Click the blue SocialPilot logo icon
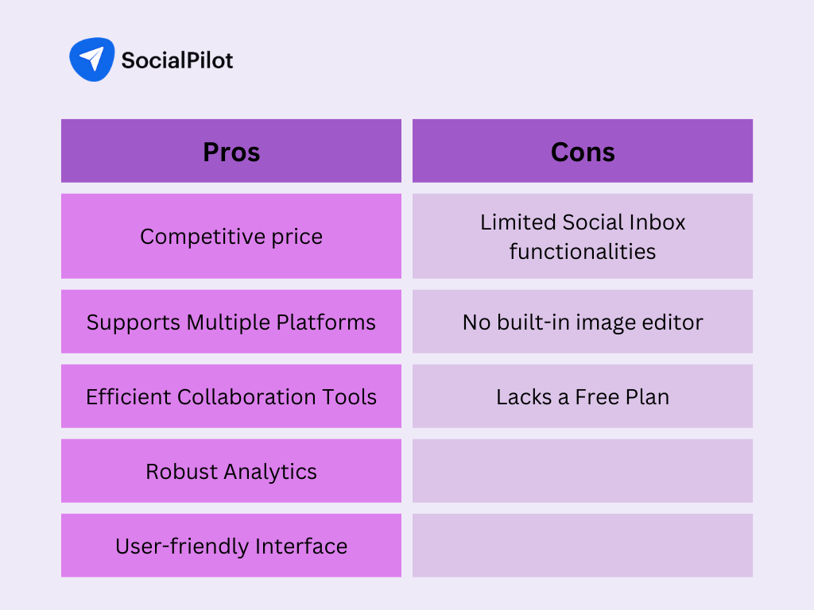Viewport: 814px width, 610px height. (x=92, y=59)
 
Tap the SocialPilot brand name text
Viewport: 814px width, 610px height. (x=177, y=60)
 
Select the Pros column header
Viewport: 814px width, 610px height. (x=231, y=151)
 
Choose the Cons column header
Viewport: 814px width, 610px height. (x=583, y=151)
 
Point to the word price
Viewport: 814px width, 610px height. (x=297, y=237)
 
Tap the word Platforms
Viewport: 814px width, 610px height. (x=325, y=322)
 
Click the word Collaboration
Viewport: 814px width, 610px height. (x=246, y=397)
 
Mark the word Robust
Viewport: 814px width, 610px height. (x=182, y=472)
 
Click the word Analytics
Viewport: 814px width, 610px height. (x=270, y=473)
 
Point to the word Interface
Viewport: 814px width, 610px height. (x=301, y=546)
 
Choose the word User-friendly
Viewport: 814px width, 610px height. (x=182, y=546)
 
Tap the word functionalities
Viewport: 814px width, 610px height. (x=583, y=252)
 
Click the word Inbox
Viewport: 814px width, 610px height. (x=657, y=222)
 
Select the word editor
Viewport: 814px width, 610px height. (x=673, y=322)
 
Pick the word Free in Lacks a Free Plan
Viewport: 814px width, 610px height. (x=597, y=397)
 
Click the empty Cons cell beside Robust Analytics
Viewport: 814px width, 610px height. (x=583, y=471)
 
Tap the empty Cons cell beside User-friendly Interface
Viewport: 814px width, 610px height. (x=583, y=546)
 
